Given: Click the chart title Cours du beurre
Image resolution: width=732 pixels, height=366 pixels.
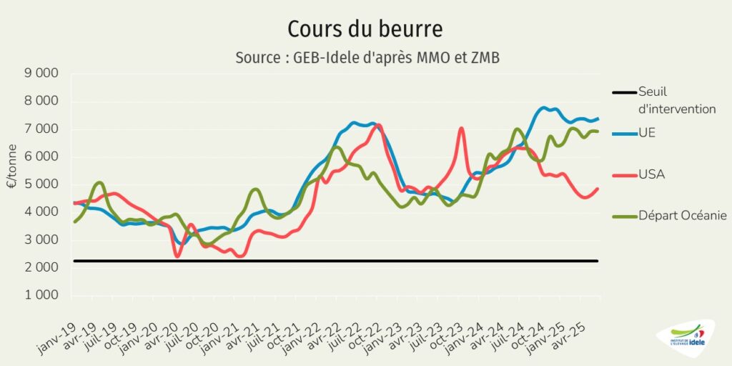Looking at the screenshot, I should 365,29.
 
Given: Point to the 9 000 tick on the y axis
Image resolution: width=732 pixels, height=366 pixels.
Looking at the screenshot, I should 44,73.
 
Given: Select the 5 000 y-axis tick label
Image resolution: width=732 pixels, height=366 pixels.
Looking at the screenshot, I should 44,184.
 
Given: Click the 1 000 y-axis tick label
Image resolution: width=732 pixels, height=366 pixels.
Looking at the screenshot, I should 44,295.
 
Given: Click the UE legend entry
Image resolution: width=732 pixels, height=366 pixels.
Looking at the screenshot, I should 646,133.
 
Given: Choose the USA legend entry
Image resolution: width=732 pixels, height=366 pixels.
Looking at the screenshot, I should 651,174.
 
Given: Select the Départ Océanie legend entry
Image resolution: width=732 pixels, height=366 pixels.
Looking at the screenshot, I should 682,215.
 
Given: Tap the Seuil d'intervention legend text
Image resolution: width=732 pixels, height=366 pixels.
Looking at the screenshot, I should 676,100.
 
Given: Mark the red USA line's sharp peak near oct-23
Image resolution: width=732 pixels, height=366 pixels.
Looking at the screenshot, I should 462,129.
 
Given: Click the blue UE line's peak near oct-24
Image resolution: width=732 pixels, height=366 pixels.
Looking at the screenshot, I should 545,108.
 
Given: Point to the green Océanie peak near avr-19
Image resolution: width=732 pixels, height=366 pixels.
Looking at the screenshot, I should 99,183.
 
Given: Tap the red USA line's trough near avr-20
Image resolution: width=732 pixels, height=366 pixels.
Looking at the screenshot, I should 177,256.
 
